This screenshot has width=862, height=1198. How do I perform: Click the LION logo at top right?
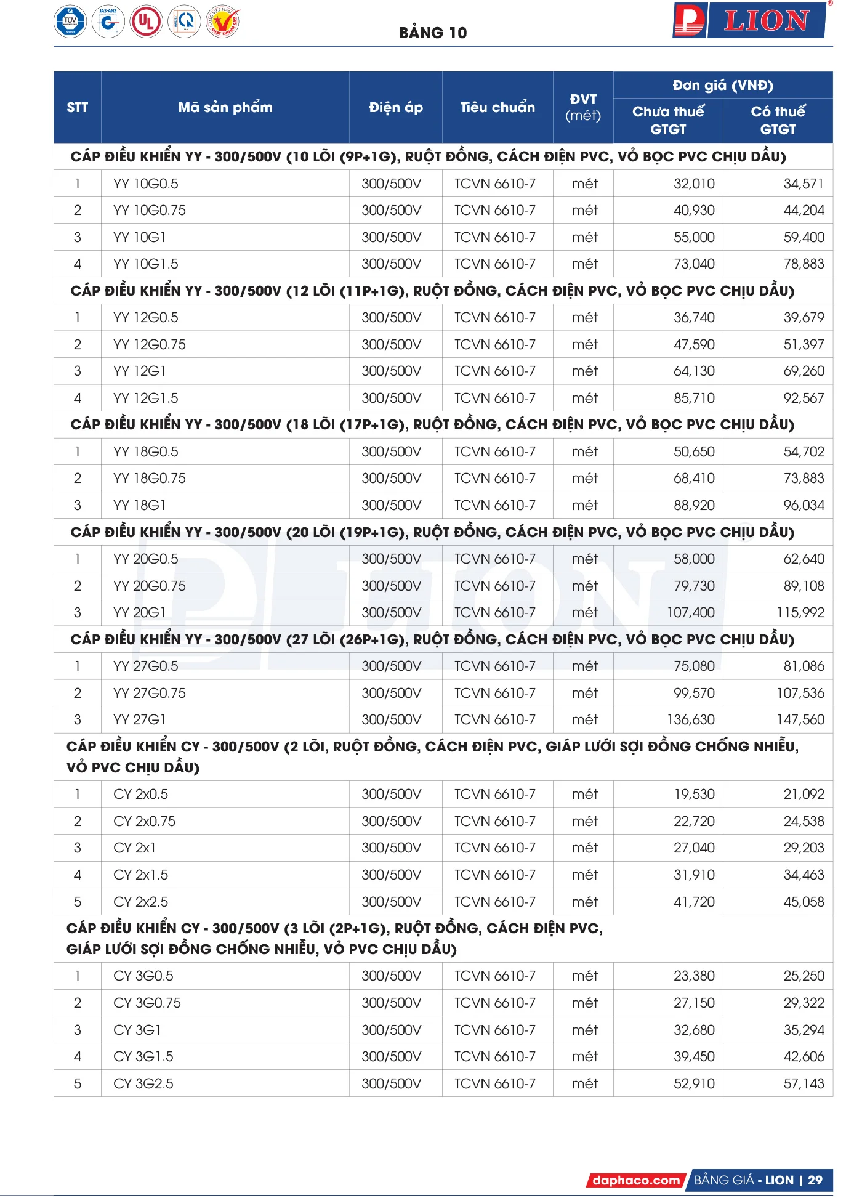[x=750, y=21]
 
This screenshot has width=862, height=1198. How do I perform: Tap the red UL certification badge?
[x=146, y=22]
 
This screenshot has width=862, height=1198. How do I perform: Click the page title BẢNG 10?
[x=433, y=33]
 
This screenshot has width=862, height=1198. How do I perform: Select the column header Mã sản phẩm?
[x=225, y=108]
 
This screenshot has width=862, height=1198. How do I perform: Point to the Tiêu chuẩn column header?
[x=497, y=108]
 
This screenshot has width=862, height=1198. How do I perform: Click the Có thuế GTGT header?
[x=778, y=120]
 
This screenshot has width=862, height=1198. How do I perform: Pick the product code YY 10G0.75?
[x=150, y=211]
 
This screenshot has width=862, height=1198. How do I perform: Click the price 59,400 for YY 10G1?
[x=804, y=237]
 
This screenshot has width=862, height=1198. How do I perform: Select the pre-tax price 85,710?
[x=694, y=398]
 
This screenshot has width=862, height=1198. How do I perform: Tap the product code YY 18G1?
[x=140, y=505]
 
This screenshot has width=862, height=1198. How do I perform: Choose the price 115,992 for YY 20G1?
[x=800, y=612]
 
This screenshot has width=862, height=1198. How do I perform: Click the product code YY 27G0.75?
[x=150, y=693]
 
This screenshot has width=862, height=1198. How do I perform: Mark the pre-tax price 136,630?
[x=691, y=719]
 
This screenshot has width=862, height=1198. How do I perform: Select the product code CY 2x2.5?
[x=141, y=902]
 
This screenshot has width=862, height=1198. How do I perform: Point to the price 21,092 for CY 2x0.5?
[x=804, y=794]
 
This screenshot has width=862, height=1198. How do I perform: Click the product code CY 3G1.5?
[x=143, y=1056]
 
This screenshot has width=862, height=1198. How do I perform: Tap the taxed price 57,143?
[x=804, y=1083]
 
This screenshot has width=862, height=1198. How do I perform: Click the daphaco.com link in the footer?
[x=636, y=1180]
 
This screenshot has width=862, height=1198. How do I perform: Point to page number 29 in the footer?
[x=815, y=1180]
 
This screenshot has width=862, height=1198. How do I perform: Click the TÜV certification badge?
[x=70, y=22]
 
